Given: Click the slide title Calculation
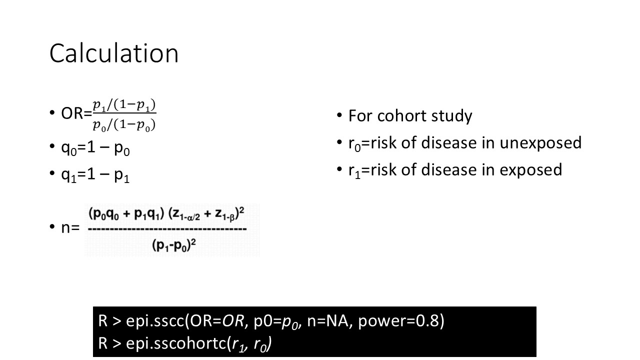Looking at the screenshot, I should click(x=113, y=53).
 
